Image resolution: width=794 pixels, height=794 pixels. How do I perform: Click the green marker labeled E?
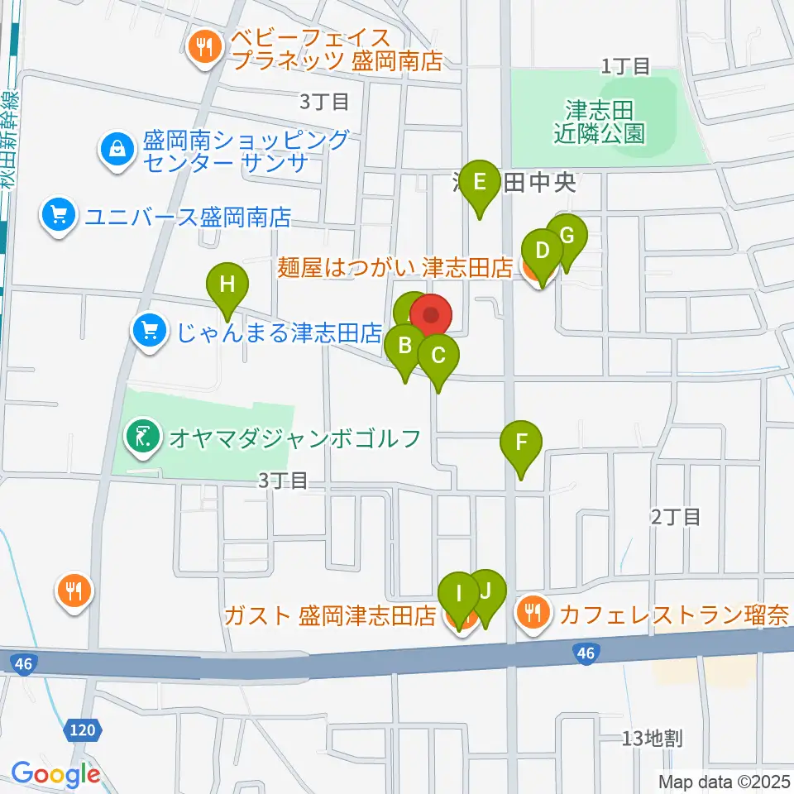pos(480,180)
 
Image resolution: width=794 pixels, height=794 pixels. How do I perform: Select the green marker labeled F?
pos(521,442)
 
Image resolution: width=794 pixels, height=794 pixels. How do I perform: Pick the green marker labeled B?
pos(405,345)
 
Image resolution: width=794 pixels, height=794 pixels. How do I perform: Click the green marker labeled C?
pos(438,356)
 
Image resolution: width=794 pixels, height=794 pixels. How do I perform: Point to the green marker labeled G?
pos(567,236)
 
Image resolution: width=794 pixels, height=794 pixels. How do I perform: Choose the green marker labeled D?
pos(542,251)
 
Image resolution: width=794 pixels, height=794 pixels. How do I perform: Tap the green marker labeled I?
pos(458,594)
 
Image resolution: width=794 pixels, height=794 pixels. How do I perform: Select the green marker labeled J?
pos(485,591)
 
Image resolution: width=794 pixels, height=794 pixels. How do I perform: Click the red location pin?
pos(430,315)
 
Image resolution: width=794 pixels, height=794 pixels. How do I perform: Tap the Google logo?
pos(55,774)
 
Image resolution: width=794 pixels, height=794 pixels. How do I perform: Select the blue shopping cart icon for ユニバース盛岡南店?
pos(57,217)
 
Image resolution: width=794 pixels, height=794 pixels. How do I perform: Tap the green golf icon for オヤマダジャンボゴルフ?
pos(142,437)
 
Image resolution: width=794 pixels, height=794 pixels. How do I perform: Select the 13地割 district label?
pos(653,739)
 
